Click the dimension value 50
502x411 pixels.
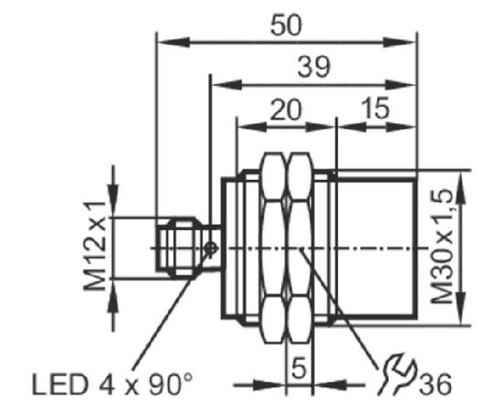point(286,26)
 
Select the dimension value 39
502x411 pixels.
point(313,68)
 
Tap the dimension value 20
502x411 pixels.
point(286,110)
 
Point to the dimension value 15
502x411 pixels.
point(375,109)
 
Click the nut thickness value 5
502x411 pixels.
point(299,367)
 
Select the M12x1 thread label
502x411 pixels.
point(95,246)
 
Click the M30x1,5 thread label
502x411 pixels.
point(442,246)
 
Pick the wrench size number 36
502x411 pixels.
point(435,385)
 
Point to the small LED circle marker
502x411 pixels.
point(211,248)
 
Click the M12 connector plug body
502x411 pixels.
point(180,248)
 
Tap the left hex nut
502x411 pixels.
point(274,248)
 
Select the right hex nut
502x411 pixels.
point(299,248)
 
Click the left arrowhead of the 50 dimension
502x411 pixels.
point(173,42)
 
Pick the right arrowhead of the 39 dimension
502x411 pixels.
point(400,85)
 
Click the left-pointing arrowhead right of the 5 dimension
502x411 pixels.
point(329,385)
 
